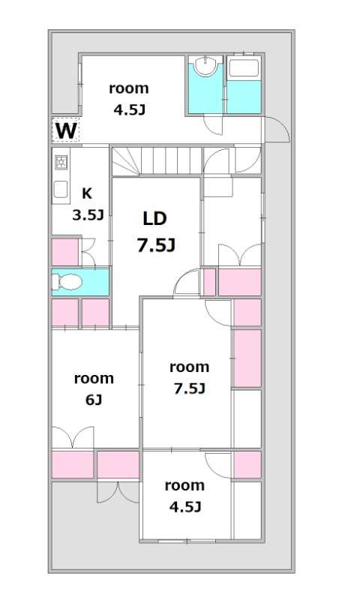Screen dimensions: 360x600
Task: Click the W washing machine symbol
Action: [66, 130]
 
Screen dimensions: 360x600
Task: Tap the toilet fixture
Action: [67, 283]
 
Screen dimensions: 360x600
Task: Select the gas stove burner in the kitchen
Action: [61, 163]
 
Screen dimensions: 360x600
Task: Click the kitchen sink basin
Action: [61, 189]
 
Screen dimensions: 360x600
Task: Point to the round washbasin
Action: [205, 65]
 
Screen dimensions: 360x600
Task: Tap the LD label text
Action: [155, 218]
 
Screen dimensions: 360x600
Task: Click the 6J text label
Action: [94, 400]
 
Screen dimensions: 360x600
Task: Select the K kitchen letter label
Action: [87, 193]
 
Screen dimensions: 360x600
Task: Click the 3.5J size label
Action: [88, 215]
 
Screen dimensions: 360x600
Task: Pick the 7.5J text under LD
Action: [156, 245]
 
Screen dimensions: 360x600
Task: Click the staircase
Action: [157, 161]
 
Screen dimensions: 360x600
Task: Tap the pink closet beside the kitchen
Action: [65, 252]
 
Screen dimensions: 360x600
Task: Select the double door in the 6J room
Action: [73, 437]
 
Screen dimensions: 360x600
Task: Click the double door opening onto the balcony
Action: [118, 492]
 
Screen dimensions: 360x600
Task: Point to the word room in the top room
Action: [129, 88]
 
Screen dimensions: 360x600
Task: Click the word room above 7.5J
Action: [189, 367]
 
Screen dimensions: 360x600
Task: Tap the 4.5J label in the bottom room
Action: [185, 507]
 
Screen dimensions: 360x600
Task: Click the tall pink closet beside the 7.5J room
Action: [247, 358]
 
